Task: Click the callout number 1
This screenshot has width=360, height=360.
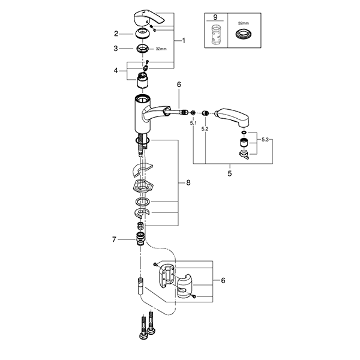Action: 184,41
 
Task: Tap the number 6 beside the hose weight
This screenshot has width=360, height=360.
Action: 223,280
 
